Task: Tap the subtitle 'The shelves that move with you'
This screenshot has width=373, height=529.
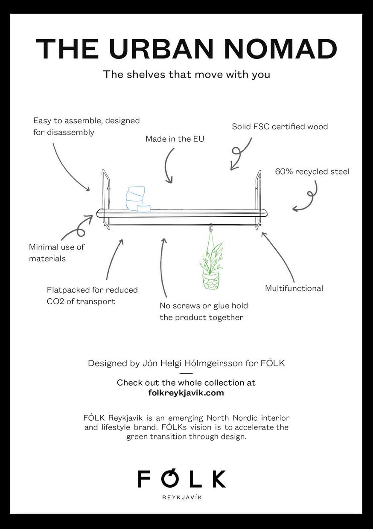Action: pos(186,74)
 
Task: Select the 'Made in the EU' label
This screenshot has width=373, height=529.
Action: pos(175,139)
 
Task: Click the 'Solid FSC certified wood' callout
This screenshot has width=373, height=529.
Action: pos(280,127)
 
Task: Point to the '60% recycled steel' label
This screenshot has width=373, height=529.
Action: pos(312,171)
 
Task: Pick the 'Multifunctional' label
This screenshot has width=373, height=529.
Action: pos(294,288)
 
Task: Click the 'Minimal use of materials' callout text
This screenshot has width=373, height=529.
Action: pos(57,253)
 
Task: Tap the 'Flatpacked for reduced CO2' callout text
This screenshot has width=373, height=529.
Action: pos(92,296)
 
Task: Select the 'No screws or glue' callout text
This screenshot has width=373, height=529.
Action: pos(204,311)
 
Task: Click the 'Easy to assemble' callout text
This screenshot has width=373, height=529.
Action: pos(87,126)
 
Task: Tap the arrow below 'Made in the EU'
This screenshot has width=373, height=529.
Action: pos(168,166)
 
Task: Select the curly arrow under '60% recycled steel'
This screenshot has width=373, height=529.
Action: pos(308,197)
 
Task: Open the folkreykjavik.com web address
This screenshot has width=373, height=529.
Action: pos(186,393)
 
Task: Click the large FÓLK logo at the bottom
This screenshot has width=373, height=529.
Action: pos(182,479)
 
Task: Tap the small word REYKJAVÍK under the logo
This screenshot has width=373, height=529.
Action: pos(182,497)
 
